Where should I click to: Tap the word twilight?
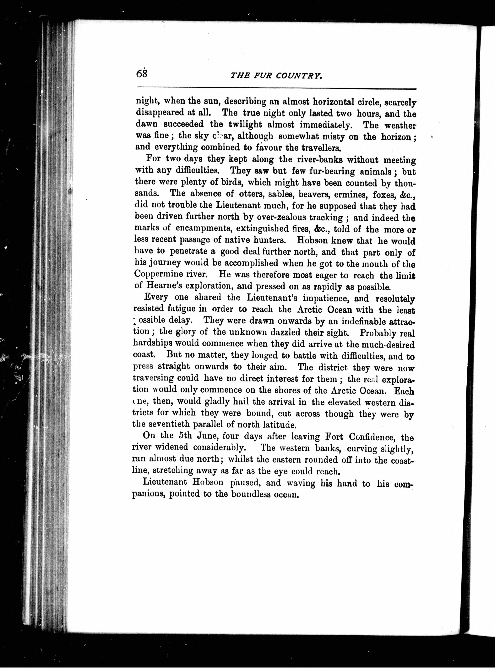(241, 124)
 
